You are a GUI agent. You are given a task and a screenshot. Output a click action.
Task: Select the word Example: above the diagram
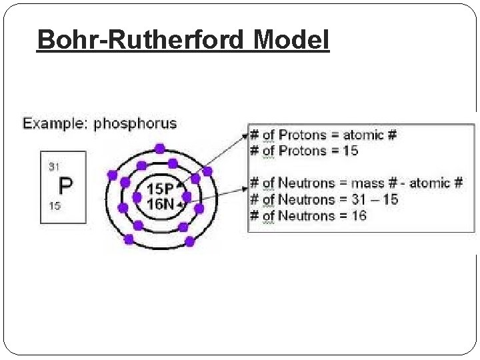pyautogui.click(x=56, y=123)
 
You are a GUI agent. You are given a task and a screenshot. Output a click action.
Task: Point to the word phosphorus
pyautogui.click(x=135, y=123)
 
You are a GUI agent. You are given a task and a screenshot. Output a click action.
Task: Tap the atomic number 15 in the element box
pyautogui.click(x=54, y=206)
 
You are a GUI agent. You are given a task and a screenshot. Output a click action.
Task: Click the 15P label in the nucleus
pyautogui.click(x=160, y=189)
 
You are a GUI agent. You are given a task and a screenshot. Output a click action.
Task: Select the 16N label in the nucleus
pyautogui.click(x=160, y=203)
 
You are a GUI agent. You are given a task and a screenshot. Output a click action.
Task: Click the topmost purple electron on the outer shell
pyautogui.click(x=159, y=148)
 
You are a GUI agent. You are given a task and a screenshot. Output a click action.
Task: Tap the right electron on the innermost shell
pyautogui.click(x=187, y=196)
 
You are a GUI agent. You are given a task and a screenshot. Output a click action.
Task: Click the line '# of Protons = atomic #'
pyautogui.click(x=323, y=135)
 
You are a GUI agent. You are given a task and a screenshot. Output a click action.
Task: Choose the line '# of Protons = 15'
pyautogui.click(x=304, y=151)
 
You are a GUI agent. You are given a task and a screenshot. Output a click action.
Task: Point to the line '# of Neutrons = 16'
pyautogui.click(x=308, y=215)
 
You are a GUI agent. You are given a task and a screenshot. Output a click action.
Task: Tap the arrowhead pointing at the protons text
pyautogui.click(x=243, y=134)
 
